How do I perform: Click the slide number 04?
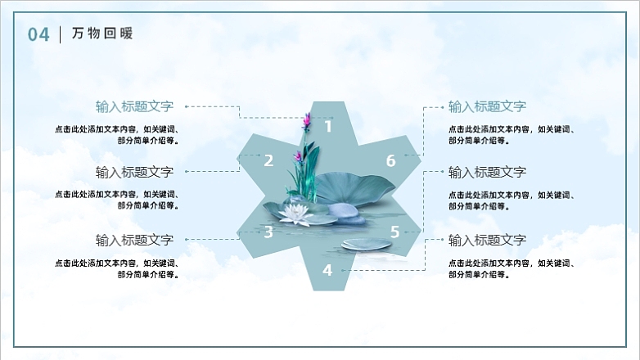click(38, 34)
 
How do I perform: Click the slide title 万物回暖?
click(101, 34)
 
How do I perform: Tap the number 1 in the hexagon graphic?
click(328, 126)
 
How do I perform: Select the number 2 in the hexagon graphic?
click(268, 160)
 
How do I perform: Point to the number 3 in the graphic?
click(268, 232)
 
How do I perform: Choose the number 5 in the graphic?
click(394, 232)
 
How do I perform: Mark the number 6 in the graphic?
click(391, 160)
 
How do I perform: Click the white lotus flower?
click(295, 214)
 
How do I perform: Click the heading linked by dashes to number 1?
click(134, 106)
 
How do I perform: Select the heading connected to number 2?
click(134, 172)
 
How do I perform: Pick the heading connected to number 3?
click(134, 240)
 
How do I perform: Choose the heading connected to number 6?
click(487, 106)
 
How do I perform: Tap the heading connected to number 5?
click(487, 172)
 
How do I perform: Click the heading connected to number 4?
click(487, 240)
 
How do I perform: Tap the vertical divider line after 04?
click(61, 34)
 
